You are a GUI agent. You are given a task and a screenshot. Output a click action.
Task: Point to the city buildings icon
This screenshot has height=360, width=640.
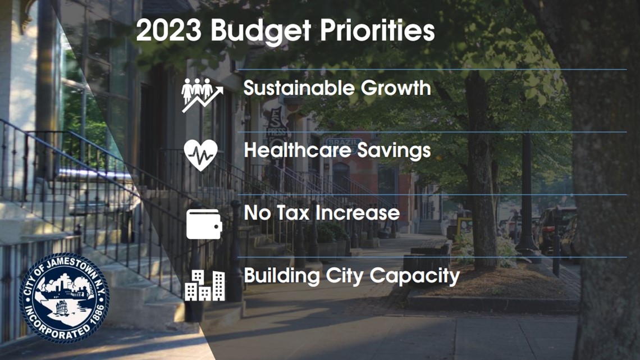tap(204, 285)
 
